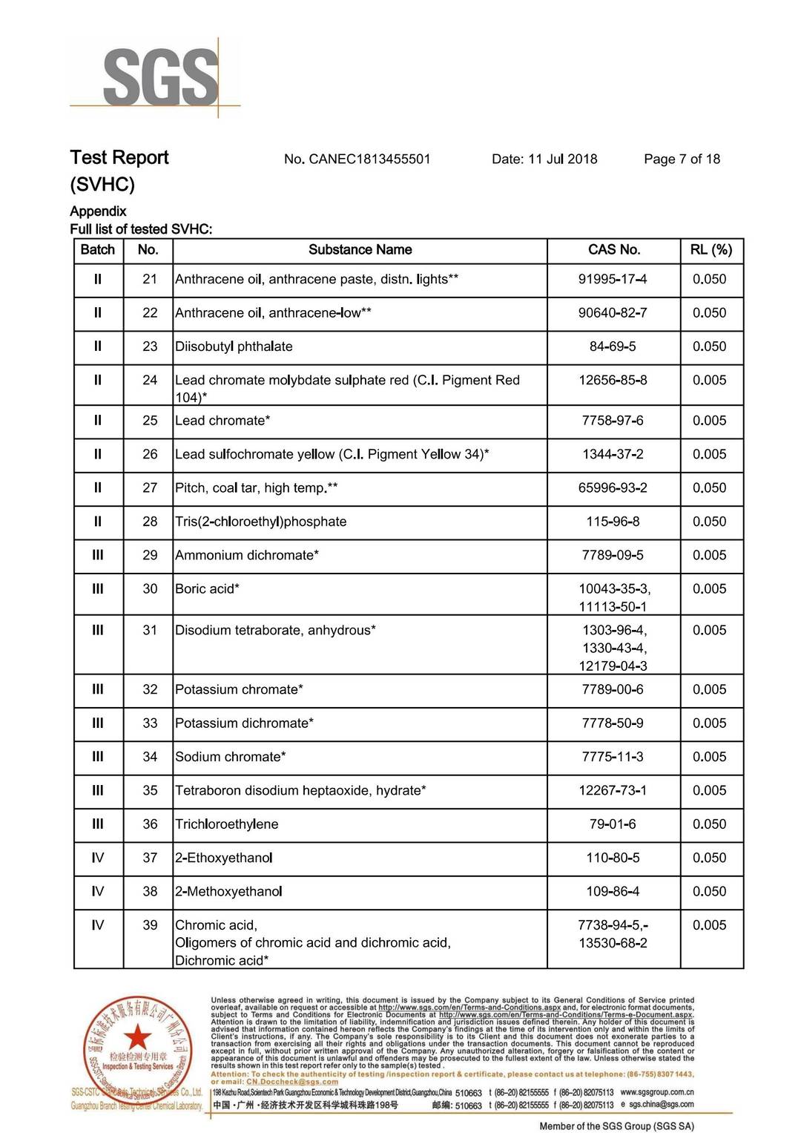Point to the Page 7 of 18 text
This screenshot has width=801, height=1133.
click(x=682, y=159)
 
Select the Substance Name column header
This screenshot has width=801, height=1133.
click(x=360, y=250)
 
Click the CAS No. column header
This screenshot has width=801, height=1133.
click(x=613, y=250)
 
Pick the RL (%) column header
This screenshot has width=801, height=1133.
click(x=711, y=250)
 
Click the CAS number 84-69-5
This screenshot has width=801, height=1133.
click(x=613, y=347)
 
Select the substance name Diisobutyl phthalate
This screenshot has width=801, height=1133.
click(x=234, y=347)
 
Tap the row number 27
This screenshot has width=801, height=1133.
click(x=150, y=488)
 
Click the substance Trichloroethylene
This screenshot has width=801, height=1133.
click(x=227, y=824)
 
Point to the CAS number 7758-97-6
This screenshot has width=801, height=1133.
click(x=613, y=421)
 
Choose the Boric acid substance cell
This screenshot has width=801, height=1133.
click(x=207, y=589)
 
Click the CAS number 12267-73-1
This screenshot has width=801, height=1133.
click(x=613, y=791)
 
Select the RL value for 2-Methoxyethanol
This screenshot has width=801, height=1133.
click(x=709, y=892)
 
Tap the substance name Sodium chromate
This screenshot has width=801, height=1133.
click(x=230, y=757)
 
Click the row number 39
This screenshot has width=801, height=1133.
click(x=150, y=925)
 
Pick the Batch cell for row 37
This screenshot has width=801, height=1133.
click(x=97, y=858)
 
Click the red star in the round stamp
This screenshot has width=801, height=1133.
click(x=137, y=1038)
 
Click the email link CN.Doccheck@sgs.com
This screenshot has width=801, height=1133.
click(x=292, y=1082)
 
